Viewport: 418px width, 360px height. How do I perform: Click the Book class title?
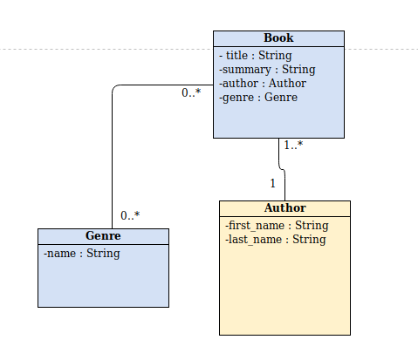tap(278, 38)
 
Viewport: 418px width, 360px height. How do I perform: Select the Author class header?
tap(284, 208)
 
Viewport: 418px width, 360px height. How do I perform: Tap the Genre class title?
tap(103, 236)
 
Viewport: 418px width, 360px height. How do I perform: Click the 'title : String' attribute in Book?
tap(256, 56)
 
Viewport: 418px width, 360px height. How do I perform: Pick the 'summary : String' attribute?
tap(267, 70)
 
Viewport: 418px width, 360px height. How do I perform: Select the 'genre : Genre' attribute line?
tap(258, 98)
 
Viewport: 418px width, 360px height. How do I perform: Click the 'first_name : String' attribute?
tap(276, 226)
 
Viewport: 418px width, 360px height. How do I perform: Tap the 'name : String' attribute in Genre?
tap(81, 254)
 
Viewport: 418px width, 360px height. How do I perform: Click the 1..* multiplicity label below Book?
tap(293, 146)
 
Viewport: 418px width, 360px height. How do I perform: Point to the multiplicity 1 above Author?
tap(272, 184)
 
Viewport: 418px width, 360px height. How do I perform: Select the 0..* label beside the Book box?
tap(191, 93)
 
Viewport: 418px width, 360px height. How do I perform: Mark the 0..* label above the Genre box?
tap(130, 216)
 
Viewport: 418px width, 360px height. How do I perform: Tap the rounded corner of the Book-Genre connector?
tap(114, 88)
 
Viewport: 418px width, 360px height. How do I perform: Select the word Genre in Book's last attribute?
tap(281, 98)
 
